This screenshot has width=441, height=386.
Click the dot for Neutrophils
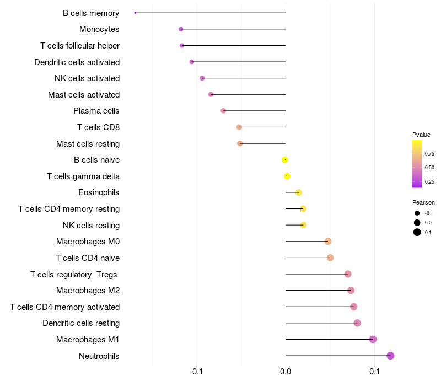click(x=390, y=356)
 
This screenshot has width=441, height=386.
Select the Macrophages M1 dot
click(x=373, y=339)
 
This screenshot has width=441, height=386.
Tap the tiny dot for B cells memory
click(x=135, y=13)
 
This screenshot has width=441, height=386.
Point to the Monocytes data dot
click(x=181, y=29)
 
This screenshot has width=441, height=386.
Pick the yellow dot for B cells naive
click(x=285, y=160)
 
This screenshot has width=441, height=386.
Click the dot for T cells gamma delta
click(x=287, y=176)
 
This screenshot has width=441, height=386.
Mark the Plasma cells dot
click(x=223, y=111)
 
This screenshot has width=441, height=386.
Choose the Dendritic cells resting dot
click(x=357, y=323)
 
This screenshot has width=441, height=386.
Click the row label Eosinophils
click(x=99, y=192)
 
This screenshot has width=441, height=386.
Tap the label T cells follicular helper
click(x=80, y=45)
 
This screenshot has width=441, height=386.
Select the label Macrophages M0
click(x=88, y=242)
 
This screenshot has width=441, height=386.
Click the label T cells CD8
click(x=98, y=127)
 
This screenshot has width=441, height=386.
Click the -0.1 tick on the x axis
click(x=197, y=372)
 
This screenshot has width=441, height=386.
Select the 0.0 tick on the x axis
click(x=286, y=372)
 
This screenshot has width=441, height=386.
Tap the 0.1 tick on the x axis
click(x=374, y=372)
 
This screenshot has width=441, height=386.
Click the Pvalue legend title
click(x=421, y=135)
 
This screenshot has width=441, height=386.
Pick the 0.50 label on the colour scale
click(x=429, y=167)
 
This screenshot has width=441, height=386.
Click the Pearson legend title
click(x=423, y=202)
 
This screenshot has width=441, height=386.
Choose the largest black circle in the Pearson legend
click(x=417, y=232)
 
